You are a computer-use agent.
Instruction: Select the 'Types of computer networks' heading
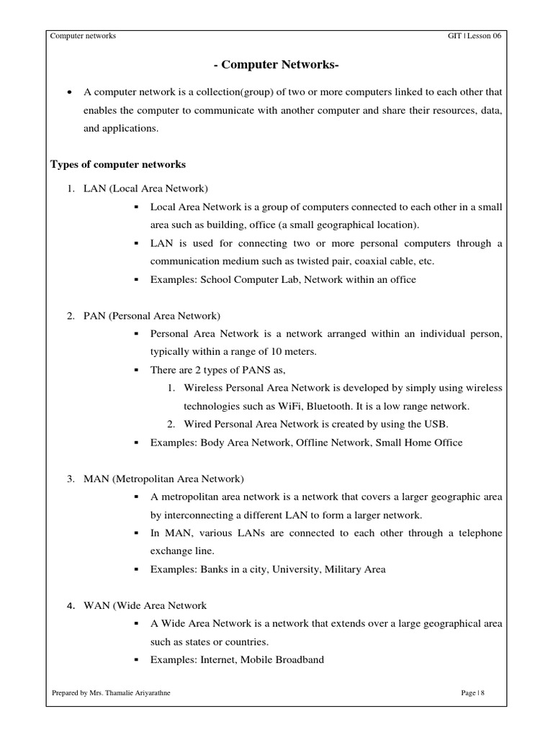tap(117, 164)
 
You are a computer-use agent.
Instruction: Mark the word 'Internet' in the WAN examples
tap(215, 659)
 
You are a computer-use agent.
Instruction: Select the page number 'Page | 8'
tap(473, 693)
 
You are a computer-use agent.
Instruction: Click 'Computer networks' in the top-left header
tap(83, 37)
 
